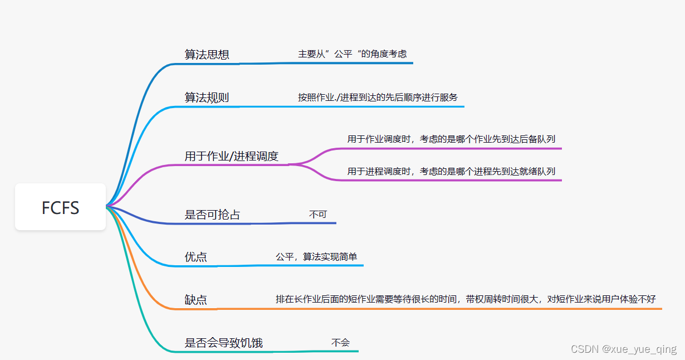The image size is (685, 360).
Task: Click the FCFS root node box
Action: (60, 207)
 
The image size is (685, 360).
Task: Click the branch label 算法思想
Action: (207, 55)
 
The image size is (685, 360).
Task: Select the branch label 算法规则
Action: (207, 98)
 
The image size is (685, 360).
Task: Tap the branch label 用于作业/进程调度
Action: (231, 156)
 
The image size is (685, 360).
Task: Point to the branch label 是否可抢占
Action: (212, 215)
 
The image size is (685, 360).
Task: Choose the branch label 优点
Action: (195, 257)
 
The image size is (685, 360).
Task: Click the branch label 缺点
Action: (195, 299)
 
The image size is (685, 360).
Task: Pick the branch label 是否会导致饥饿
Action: (223, 343)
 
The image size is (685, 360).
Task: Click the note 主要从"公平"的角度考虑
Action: (352, 54)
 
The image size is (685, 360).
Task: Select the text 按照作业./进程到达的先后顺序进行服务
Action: (378, 98)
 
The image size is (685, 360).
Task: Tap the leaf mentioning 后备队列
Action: (451, 139)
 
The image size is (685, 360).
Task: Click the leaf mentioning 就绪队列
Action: (451, 172)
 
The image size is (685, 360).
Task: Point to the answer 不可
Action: (318, 214)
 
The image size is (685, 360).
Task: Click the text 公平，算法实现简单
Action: (316, 257)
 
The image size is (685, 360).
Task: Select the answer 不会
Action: (340, 343)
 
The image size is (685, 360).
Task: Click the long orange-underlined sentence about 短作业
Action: (466, 299)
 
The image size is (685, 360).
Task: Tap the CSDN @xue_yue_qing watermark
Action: (624, 349)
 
